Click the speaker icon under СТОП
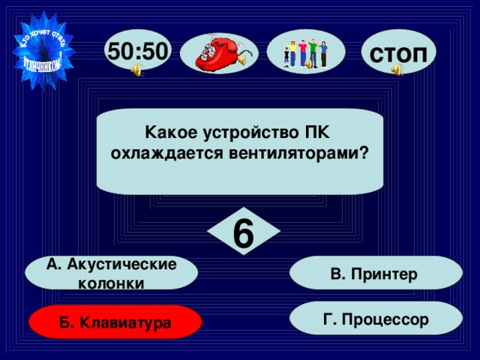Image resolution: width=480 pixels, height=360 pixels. click(396, 70)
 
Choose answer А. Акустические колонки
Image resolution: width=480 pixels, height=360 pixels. click(111, 273)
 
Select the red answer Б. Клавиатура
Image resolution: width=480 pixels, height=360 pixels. click(115, 322)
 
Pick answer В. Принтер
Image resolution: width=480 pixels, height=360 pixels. click(375, 273)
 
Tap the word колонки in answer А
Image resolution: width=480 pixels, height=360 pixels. click(111, 283)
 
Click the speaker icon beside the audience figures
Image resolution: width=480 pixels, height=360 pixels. click(307, 65)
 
